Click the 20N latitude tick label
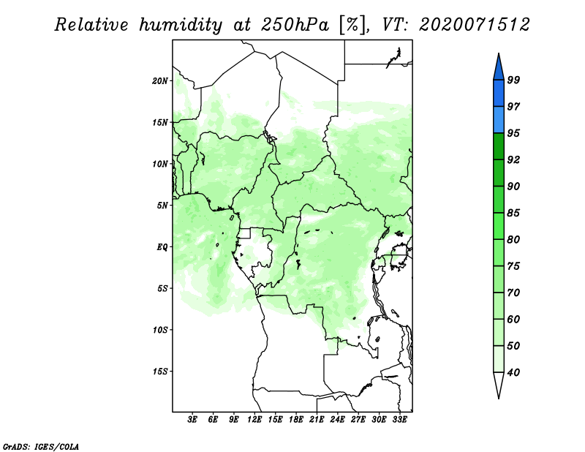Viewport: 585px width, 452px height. click(x=160, y=80)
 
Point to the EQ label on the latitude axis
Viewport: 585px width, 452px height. click(x=162, y=247)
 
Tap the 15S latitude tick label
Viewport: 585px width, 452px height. click(x=160, y=372)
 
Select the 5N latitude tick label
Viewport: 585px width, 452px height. click(x=162, y=206)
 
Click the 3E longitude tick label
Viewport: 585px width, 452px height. click(x=192, y=419)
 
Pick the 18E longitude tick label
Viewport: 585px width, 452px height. click(x=296, y=419)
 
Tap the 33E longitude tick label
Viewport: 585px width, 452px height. click(x=399, y=419)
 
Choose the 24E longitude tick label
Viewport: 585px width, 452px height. click(x=337, y=419)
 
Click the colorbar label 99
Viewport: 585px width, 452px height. click(x=513, y=80)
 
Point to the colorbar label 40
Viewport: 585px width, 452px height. click(x=513, y=372)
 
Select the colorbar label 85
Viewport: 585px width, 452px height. click(x=513, y=213)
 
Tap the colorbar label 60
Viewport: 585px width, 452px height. click(x=513, y=319)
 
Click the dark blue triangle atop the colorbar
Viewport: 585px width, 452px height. click(x=499, y=69)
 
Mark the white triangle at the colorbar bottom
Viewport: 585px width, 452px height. click(x=499, y=383)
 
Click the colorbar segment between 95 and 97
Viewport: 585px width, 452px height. click(x=499, y=120)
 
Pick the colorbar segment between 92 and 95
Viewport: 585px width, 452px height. click(x=499, y=146)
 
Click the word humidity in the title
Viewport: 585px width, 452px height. click(x=181, y=25)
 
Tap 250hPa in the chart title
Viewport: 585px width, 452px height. click(x=295, y=25)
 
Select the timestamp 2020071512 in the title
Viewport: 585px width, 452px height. click(x=474, y=25)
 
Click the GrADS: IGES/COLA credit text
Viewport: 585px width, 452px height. click(x=41, y=446)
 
